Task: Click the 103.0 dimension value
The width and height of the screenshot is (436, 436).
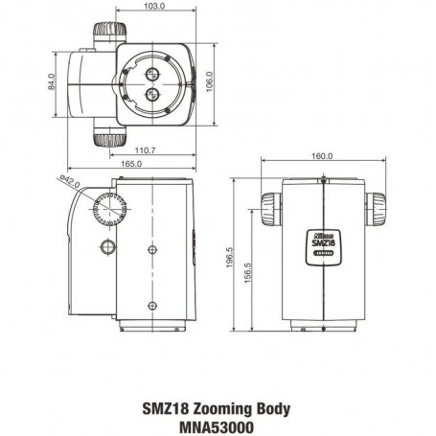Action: coord(153,7)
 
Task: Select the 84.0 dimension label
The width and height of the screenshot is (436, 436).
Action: coord(54,85)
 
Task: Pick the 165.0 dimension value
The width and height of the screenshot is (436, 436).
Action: coord(129,165)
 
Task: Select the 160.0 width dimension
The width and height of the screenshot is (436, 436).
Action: coord(322,156)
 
